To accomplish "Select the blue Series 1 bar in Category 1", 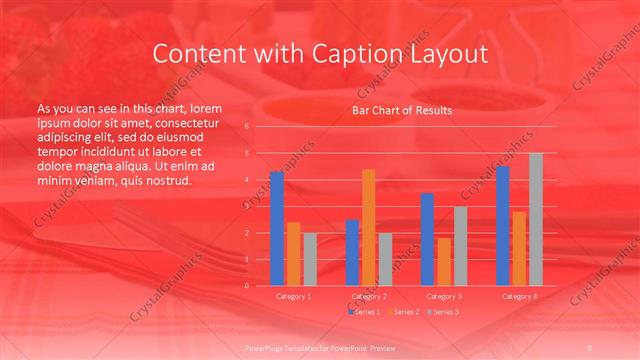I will (x=277, y=229).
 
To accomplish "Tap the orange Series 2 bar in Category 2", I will (x=369, y=227).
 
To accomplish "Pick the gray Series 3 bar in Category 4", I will (x=536, y=219).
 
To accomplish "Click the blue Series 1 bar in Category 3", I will (x=427, y=239).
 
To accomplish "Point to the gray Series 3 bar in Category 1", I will (x=310, y=259).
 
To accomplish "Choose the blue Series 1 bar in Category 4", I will (x=502, y=226).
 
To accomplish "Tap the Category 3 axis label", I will (x=444, y=297).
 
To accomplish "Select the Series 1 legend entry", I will (x=365, y=312).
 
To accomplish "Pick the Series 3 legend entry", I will (x=443, y=312).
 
